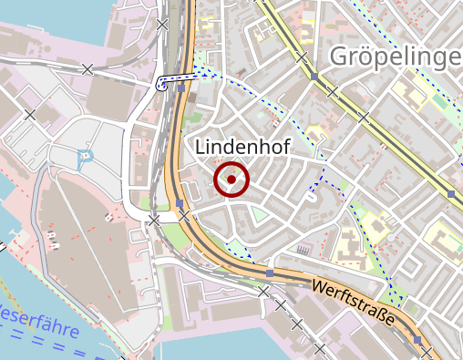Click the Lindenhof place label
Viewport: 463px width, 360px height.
[x=236, y=147]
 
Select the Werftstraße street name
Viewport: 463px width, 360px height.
[x=352, y=303]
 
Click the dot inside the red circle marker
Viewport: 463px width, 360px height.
[x=231, y=180]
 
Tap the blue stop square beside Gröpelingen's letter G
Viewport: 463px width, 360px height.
[x=314, y=77]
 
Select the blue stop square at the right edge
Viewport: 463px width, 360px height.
[x=451, y=193]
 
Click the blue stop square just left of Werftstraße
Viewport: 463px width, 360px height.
[x=270, y=272]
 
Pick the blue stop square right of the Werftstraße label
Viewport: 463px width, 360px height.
[x=418, y=339]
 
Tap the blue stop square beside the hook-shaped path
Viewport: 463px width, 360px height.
[x=181, y=89]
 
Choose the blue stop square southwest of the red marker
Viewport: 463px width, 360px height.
[x=180, y=203]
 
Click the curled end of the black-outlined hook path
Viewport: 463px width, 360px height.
[x=161, y=85]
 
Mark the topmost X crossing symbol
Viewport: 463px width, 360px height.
[x=162, y=24]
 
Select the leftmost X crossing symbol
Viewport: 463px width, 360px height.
[x=30, y=115]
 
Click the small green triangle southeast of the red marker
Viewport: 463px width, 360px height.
[x=260, y=215]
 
